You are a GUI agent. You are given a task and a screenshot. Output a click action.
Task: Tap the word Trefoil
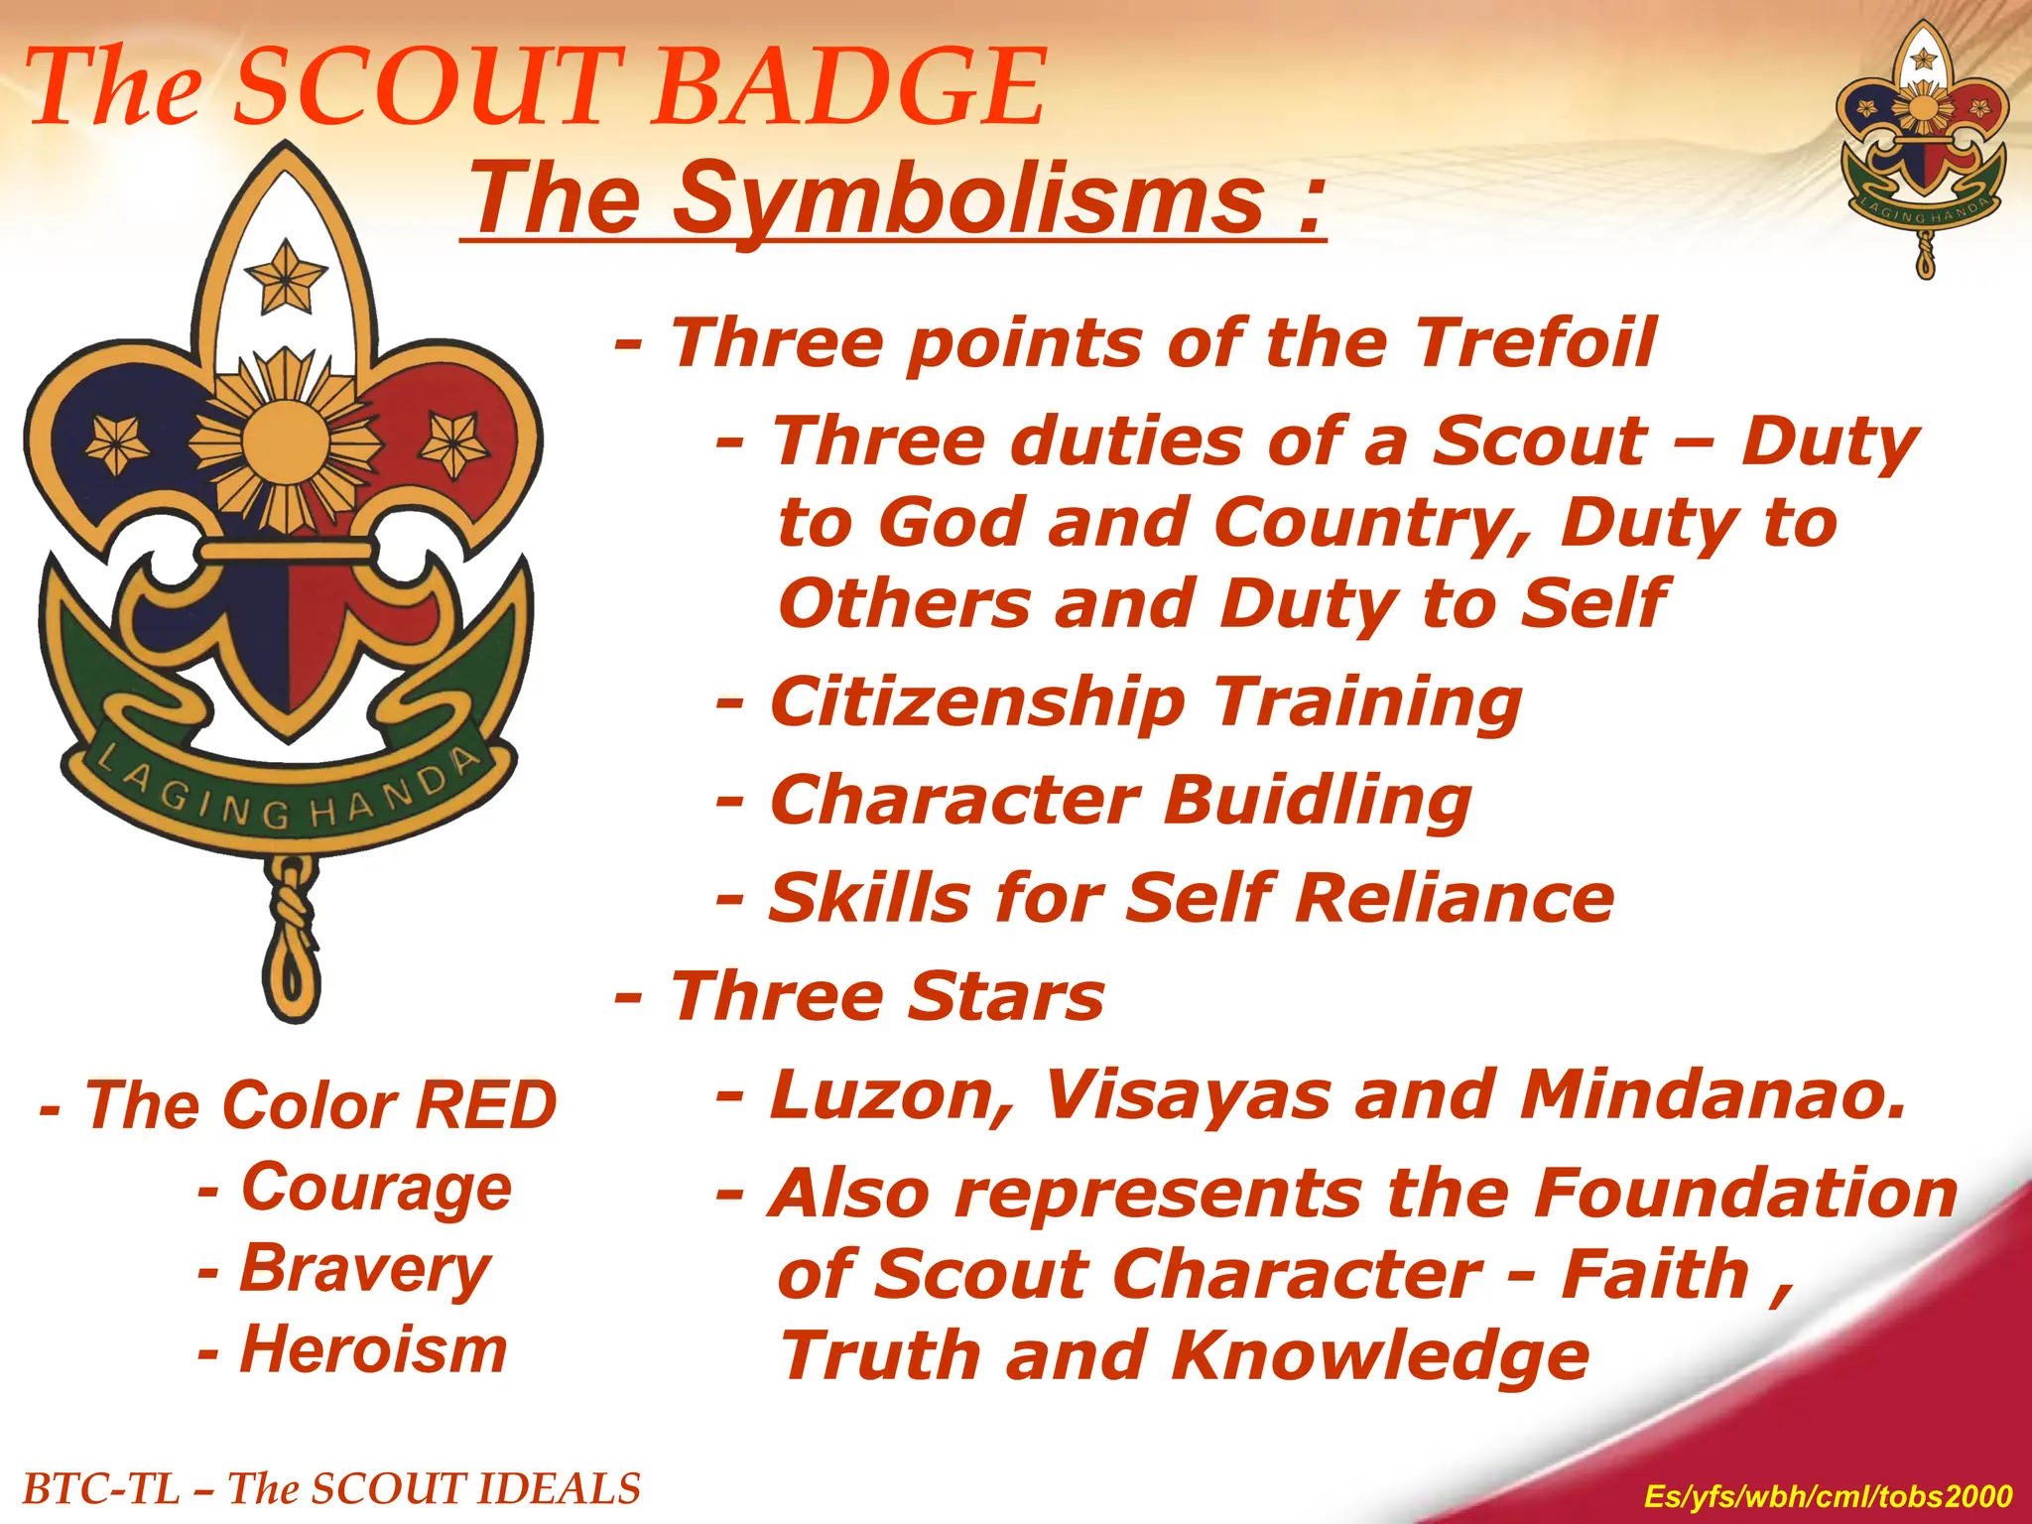(1534, 342)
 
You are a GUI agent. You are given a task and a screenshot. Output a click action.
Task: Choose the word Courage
(376, 1188)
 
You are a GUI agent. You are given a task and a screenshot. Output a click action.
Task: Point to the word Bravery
(365, 1269)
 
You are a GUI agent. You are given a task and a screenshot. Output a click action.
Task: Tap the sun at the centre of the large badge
(285, 441)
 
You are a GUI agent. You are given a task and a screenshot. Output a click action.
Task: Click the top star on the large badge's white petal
(286, 275)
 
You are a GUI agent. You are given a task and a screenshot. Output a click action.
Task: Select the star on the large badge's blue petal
(117, 444)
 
